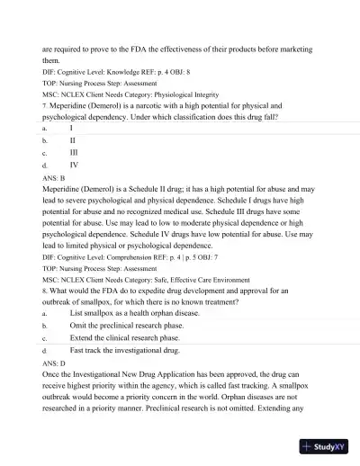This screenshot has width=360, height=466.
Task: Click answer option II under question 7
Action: (x=73, y=141)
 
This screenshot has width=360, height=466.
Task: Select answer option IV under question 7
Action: (x=74, y=166)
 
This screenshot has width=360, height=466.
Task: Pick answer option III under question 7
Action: (x=74, y=154)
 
